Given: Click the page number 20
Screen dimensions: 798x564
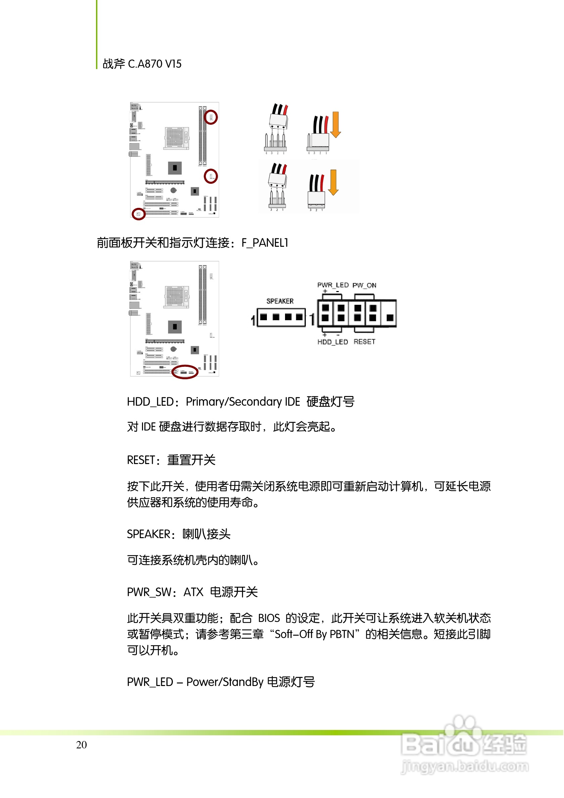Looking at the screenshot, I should click(82, 744).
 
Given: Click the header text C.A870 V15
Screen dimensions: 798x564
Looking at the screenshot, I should click(154, 64).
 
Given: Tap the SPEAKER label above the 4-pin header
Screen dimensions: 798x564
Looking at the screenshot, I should click(280, 301).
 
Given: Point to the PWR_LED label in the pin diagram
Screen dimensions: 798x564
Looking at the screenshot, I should click(333, 285).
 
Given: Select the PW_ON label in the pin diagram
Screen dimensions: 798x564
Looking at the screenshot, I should click(364, 285).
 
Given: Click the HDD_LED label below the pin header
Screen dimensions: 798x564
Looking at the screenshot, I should click(332, 342).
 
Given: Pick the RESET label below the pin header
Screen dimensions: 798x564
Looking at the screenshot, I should click(364, 342).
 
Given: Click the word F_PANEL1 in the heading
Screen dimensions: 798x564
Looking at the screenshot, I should click(265, 243).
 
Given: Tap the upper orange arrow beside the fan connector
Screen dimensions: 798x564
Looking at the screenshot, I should click(335, 124).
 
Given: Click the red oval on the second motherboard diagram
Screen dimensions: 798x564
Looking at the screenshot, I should click(185, 372).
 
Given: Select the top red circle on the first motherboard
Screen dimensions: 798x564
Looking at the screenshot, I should click(210, 117).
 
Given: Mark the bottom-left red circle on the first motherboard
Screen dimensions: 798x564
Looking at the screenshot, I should click(138, 214).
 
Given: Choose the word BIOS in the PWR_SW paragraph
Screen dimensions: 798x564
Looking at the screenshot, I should click(269, 618).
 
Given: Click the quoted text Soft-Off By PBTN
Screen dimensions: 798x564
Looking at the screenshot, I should click(314, 634).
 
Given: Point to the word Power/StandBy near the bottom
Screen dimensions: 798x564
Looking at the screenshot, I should click(225, 682).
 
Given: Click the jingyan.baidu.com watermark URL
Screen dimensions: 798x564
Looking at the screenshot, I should click(465, 766).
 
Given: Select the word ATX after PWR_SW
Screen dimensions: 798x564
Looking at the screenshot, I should click(193, 592).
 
